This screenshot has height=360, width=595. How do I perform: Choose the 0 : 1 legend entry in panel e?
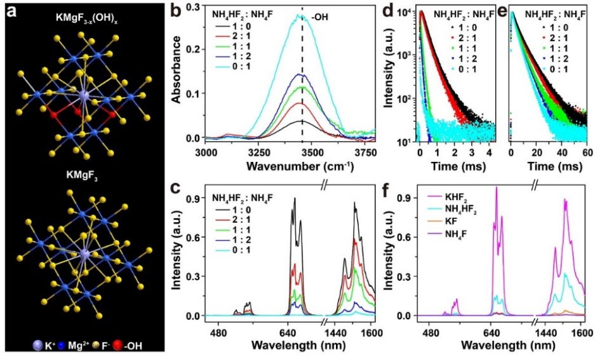(565, 68)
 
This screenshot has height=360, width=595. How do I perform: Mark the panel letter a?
(11, 10)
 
